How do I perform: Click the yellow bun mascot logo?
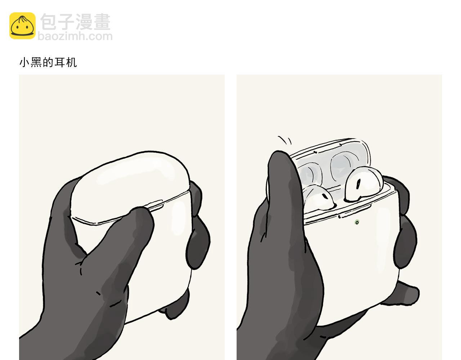click(22, 26)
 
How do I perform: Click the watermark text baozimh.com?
click(75, 36)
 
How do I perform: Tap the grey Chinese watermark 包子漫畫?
click(76, 22)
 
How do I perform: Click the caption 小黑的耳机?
click(48, 63)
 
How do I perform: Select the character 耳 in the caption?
click(59, 63)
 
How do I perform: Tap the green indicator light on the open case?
click(357, 222)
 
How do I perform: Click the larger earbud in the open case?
click(364, 184)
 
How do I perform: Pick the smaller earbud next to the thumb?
click(318, 197)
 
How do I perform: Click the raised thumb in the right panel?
click(284, 191)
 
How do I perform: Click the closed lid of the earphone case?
click(130, 186)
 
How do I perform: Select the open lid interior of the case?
click(333, 163)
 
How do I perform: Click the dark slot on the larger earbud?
click(358, 184)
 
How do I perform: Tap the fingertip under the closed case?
click(174, 305)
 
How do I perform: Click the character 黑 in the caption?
click(36, 63)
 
